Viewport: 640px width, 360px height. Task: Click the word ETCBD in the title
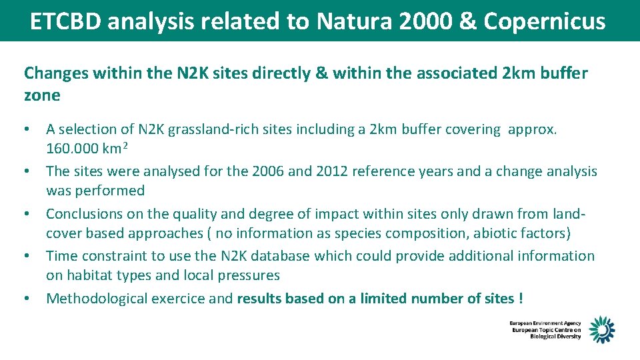point(65,21)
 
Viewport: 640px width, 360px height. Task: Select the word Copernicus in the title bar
point(545,21)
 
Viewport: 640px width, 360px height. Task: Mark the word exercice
point(178,299)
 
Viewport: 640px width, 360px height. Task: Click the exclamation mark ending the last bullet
point(520,299)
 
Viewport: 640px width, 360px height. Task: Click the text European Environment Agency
point(545,323)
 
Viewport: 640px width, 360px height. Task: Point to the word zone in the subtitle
point(42,95)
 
